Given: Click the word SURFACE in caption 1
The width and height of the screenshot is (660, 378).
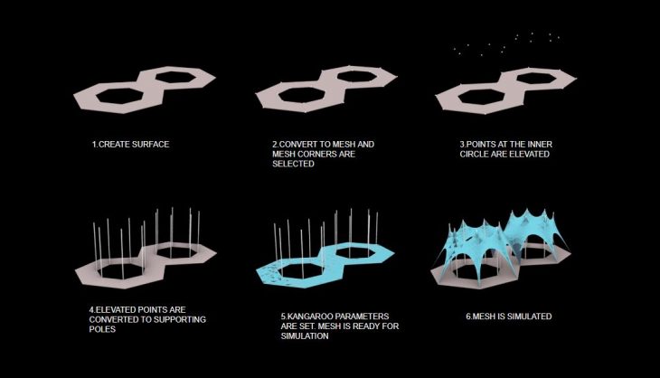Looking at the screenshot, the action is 150,145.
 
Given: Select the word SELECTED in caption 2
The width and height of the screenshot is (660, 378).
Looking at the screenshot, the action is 293,164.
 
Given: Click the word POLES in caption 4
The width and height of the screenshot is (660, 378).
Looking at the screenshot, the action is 102,329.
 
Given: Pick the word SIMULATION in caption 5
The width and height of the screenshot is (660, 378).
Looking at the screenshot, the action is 305,335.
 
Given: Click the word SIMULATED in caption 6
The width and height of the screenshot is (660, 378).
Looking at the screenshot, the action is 530,317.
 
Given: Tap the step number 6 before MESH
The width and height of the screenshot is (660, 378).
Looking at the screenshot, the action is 468,317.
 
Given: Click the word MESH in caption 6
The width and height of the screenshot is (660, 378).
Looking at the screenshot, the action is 485,317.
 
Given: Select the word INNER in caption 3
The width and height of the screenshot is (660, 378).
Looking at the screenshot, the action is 540,145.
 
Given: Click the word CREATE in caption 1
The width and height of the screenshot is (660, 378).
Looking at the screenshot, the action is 114,145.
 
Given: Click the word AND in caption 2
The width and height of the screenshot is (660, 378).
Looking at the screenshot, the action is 366,145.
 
